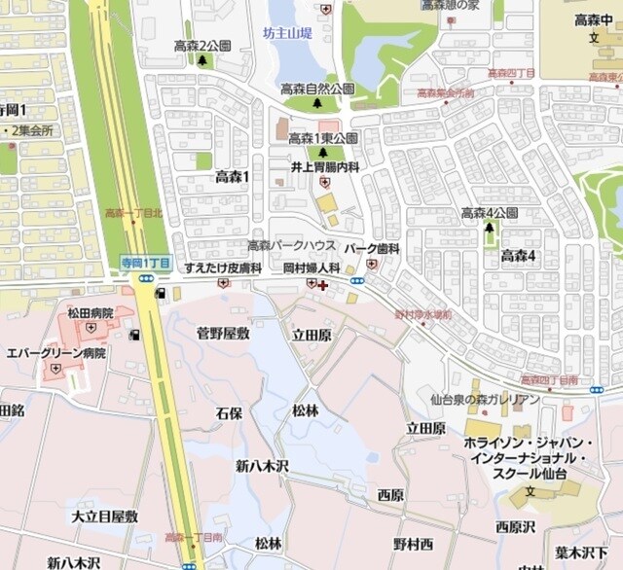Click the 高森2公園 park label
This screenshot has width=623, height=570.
[x=202, y=46]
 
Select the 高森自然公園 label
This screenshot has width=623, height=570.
[x=317, y=89]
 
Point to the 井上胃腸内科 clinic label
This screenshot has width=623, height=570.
[x=325, y=167]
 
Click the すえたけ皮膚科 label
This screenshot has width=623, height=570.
[x=224, y=267]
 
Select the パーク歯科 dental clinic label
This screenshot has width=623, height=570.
[x=371, y=249]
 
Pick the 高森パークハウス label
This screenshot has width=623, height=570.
[x=291, y=245]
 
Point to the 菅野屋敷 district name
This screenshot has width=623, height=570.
[x=223, y=334]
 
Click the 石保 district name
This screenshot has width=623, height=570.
[x=229, y=412]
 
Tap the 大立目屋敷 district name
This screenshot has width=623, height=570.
[x=104, y=516]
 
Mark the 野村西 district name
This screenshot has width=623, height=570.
[x=413, y=543]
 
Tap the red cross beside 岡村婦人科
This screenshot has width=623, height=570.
[x=322, y=285]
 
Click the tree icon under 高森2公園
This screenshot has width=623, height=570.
[x=202, y=60]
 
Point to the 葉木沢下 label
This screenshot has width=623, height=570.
[x=588, y=552]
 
